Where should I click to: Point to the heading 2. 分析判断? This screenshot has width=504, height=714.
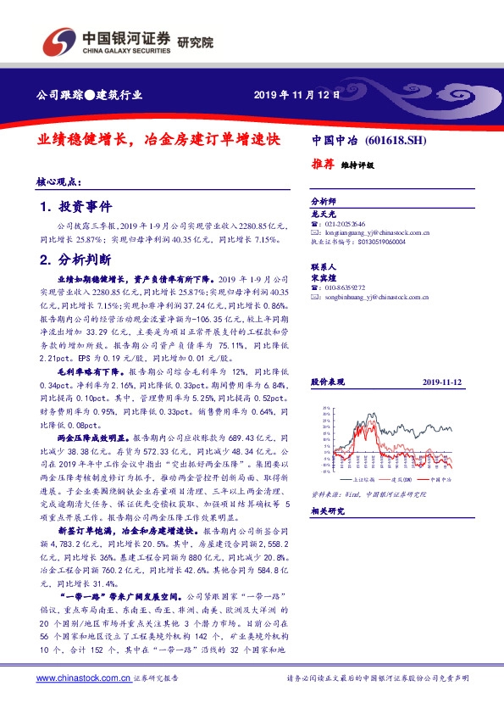[x=75, y=259]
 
